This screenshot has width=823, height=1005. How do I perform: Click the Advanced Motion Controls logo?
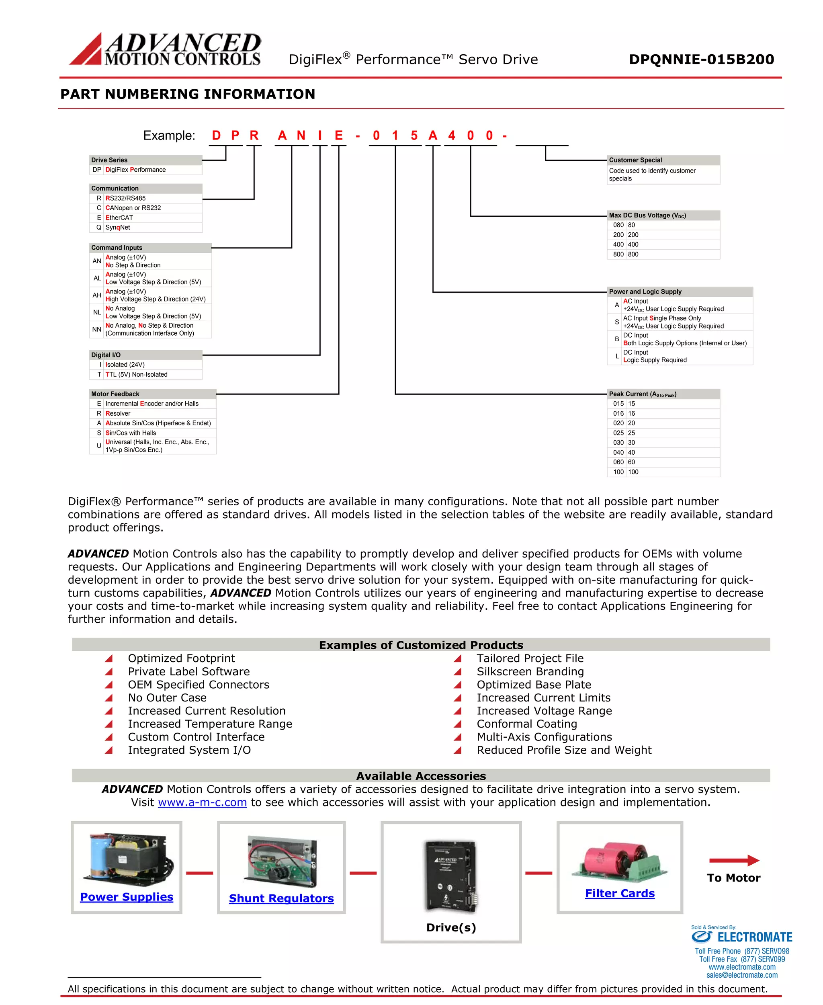tap(165, 49)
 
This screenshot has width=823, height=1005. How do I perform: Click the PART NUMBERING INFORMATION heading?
tap(188, 94)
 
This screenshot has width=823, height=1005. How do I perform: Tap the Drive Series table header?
tap(145, 160)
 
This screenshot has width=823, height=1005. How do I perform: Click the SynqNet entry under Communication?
tap(118, 228)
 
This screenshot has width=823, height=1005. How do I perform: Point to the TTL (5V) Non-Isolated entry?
tap(136, 375)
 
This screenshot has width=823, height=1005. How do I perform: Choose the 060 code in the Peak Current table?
tap(618, 462)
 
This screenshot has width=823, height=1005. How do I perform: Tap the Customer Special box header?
tap(663, 160)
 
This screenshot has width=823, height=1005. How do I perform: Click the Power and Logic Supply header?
tap(680, 292)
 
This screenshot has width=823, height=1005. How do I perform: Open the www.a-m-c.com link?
tap(203, 802)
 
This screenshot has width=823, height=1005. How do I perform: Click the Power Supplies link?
tap(127, 897)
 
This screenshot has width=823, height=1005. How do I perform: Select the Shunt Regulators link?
tap(281, 898)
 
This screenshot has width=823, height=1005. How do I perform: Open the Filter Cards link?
tap(620, 894)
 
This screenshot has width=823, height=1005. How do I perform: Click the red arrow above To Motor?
tap(734, 860)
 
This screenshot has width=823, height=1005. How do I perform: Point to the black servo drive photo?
tap(451, 876)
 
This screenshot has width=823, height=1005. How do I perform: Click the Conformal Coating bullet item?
tap(527, 724)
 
